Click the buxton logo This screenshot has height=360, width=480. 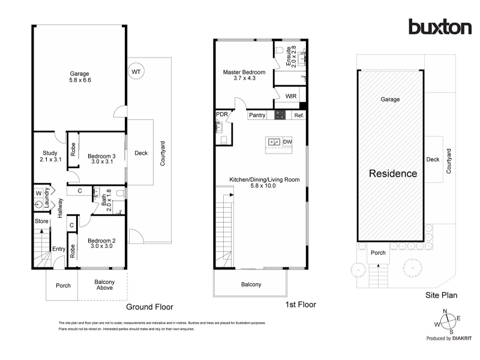[x=440, y=26]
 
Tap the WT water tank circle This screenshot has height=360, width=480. [x=136, y=71]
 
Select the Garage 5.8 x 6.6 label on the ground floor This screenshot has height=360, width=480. [x=80, y=77]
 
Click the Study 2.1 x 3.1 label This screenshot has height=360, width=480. [x=50, y=156]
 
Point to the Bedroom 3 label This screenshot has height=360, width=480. [x=101, y=156]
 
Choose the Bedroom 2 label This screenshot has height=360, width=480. [x=101, y=241]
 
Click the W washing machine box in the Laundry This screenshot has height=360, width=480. [x=38, y=193]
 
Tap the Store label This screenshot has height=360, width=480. [x=41, y=221]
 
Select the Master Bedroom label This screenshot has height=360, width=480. [x=244, y=72]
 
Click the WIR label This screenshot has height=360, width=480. [x=291, y=96]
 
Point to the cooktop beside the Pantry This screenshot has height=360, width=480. [x=280, y=115]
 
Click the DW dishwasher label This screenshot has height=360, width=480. [x=287, y=142]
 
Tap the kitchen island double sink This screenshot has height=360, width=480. [x=274, y=142]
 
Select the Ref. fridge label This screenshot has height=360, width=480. [x=299, y=115]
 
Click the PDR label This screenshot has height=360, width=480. [x=222, y=114]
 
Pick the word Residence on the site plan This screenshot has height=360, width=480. [x=393, y=173]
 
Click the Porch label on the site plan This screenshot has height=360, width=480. [x=378, y=253]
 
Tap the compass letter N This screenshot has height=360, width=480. [x=445, y=311]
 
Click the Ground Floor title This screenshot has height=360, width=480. [x=149, y=307]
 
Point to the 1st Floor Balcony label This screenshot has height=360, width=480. [x=251, y=284]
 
